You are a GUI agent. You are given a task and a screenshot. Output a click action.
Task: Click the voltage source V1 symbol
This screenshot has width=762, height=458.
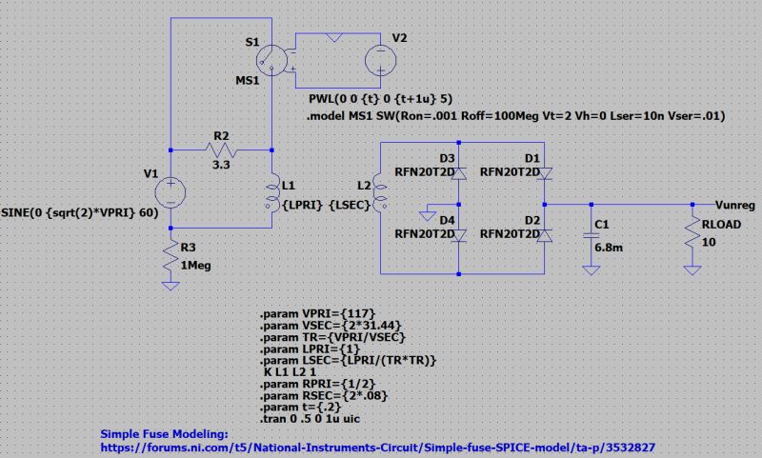click(x=170, y=191)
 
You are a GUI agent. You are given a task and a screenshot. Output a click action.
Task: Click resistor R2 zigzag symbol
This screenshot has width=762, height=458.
click(x=221, y=149)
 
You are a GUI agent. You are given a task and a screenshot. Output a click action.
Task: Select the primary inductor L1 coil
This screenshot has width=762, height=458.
click(x=272, y=193)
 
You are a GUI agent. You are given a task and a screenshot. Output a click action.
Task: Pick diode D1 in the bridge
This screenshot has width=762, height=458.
click(x=545, y=173)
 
